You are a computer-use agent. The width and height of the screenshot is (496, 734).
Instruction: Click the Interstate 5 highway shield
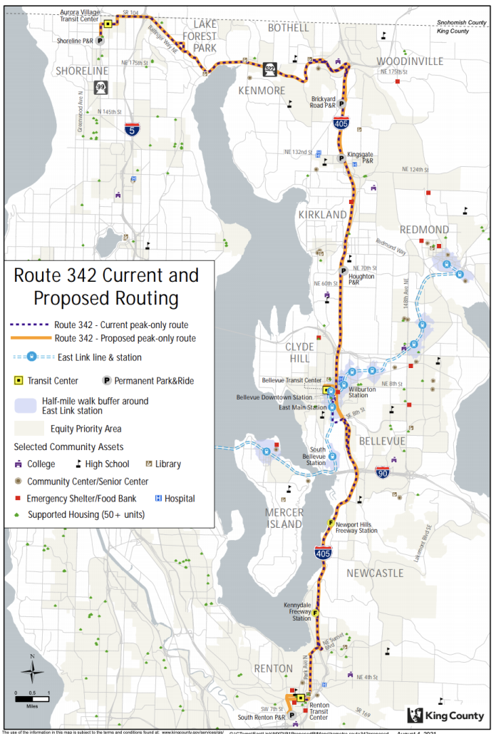(131, 129)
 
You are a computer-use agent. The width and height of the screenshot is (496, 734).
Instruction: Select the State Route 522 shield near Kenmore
(269, 68)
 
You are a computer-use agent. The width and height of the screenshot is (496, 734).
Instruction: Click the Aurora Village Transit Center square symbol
(107, 24)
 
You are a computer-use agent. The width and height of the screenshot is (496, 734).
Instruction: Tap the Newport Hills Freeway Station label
(357, 526)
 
